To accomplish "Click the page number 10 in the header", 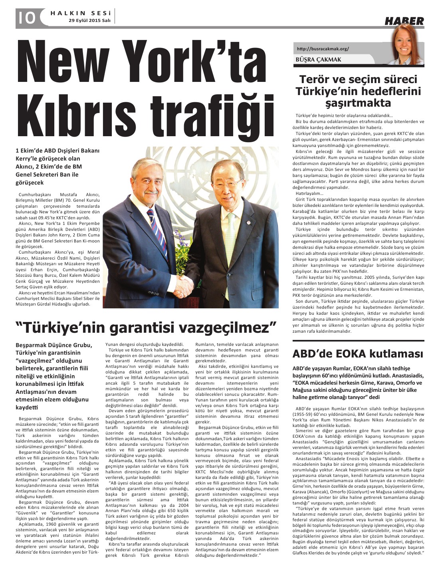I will click(x=26, y=18).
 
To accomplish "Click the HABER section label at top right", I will click(x=404, y=21).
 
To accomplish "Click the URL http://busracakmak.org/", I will click(x=323, y=49).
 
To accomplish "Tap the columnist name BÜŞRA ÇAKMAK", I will click(x=319, y=60).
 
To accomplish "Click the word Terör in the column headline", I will click(x=315, y=79).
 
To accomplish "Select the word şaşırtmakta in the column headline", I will click(x=359, y=103).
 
